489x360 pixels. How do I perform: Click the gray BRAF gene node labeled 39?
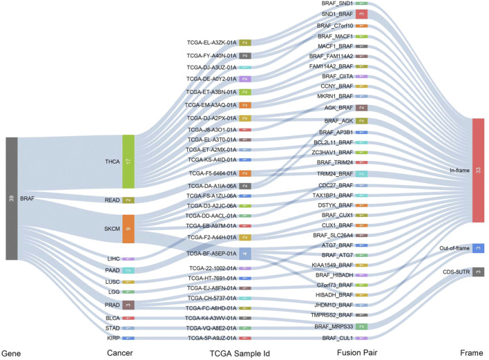click(x=11, y=198)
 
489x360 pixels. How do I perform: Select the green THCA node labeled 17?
click(x=128, y=162)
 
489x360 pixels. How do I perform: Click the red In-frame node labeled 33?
click(x=478, y=170)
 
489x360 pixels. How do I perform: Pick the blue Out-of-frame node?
click(x=479, y=248)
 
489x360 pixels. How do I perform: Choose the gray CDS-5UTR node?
click(x=479, y=272)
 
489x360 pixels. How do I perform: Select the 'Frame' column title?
click(x=472, y=352)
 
